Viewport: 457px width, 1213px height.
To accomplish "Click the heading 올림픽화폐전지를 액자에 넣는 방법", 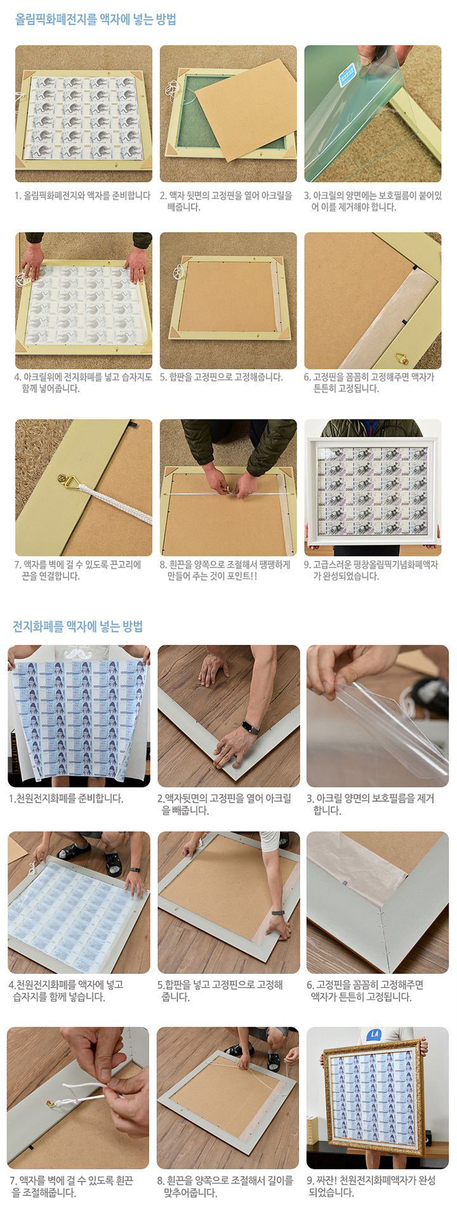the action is tap(95, 20).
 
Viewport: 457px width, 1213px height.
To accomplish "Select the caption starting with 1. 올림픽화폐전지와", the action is tap(83, 195).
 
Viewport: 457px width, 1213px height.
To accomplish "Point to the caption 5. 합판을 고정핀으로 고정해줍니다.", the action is tap(221, 377).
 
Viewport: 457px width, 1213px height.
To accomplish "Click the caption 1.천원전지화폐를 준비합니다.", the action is tap(66, 798).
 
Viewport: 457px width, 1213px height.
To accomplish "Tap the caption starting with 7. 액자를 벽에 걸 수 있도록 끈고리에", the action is tap(77, 570).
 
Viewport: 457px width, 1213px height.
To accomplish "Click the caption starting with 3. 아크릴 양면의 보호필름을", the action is tap(371, 804).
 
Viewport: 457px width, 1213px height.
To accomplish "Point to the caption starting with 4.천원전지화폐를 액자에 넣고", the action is tap(66, 991).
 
